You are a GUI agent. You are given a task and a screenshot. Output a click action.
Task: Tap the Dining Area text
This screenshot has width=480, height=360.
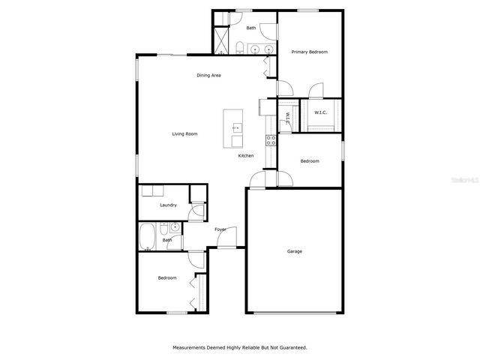coord(208,75)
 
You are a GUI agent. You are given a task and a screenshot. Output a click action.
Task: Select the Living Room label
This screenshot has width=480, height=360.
coord(184,133)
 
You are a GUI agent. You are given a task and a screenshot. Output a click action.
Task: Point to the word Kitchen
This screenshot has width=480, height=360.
coord(246,156)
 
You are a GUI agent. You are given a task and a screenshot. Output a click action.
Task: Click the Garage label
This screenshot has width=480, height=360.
coord(295,251)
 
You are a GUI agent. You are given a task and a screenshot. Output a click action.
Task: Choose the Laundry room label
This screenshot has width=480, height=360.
coord(168,205)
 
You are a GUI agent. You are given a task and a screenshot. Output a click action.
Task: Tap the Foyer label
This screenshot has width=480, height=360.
coord(220,229)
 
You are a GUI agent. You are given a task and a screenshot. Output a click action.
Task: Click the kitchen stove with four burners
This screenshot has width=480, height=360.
coord(271,139)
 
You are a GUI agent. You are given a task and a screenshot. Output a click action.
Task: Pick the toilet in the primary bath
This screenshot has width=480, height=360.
coord(238,49)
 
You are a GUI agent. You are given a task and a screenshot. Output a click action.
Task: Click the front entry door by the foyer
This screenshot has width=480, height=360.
coord(226,239)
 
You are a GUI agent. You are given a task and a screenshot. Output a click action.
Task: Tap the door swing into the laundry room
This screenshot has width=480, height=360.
coord(196,211)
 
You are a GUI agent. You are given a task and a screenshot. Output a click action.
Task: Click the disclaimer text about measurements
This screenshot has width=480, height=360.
coord(240,347)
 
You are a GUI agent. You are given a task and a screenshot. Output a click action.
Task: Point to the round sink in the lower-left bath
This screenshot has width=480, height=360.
coord(175,226)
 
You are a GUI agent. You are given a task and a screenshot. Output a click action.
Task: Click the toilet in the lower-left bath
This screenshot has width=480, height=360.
coord(173,242)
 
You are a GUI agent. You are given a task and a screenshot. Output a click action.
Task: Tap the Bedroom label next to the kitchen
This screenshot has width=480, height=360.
coord(310,161)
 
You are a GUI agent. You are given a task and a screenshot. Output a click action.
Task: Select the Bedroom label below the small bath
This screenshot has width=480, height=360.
coord(167,278)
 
